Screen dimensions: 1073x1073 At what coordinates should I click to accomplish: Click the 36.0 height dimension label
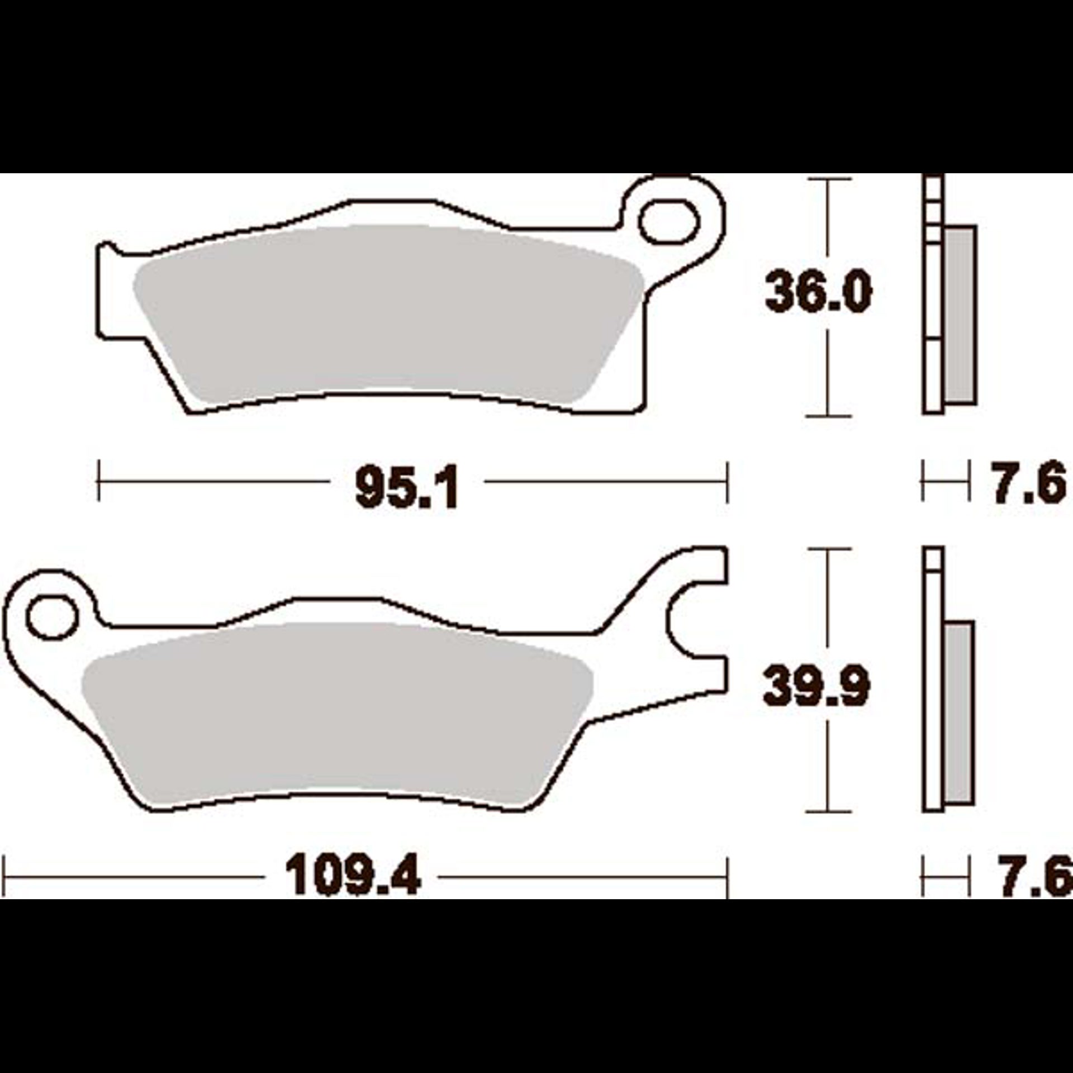pyautogui.click(x=818, y=291)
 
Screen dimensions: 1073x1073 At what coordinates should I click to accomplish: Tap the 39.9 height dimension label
pyautogui.click(x=817, y=687)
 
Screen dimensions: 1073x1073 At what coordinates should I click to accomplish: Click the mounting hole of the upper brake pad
pyautogui.click(x=670, y=222)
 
